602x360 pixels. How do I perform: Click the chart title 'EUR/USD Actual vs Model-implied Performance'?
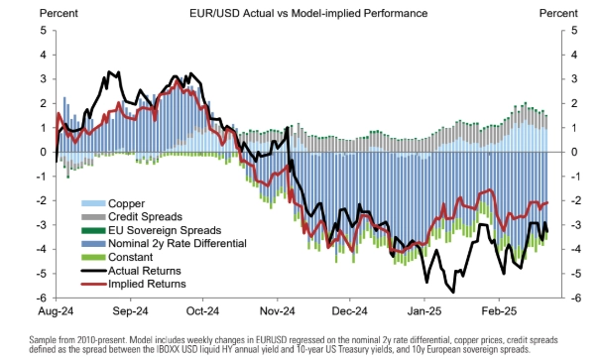coord(308,13)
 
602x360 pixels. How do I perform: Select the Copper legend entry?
coord(113,203)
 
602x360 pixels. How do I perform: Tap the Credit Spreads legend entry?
coord(132,217)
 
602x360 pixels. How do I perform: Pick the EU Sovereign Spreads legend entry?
coord(152,230)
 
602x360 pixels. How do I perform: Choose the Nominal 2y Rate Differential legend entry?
coord(164,243)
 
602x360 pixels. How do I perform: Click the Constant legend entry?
coord(117,257)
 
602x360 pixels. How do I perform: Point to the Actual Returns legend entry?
coord(131,271)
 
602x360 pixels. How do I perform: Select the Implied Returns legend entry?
coord(134,284)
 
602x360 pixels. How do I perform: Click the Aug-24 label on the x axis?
coord(56,310)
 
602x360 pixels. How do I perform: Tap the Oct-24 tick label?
coord(202,310)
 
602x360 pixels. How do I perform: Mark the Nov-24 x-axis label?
coord(277,310)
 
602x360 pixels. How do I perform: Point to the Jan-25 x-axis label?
coord(424,310)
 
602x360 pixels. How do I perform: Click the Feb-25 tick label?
coord(499,310)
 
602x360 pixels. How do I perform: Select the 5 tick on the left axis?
coord(44,31)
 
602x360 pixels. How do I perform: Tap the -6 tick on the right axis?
coord(573,299)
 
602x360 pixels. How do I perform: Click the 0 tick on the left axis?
coord(44,152)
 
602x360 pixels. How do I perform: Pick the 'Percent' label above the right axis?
coord(558,13)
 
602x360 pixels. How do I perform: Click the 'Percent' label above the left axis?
coord(59,13)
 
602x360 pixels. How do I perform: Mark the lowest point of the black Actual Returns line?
coord(453,293)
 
